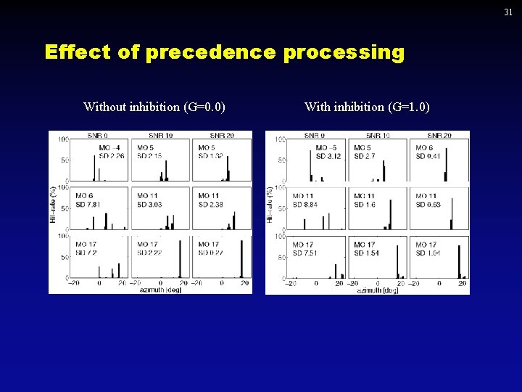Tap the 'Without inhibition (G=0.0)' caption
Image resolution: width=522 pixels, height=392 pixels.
[154, 107]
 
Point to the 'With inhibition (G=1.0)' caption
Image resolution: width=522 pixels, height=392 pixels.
[367, 107]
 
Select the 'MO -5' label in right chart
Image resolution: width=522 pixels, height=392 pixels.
[326, 148]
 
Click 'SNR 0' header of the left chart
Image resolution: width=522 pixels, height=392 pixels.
[97, 136]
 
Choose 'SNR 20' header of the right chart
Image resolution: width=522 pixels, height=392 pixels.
[439, 136]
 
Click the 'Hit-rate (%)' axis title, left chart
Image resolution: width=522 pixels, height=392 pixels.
[54, 206]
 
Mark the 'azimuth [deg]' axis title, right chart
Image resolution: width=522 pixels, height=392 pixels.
[377, 290]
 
